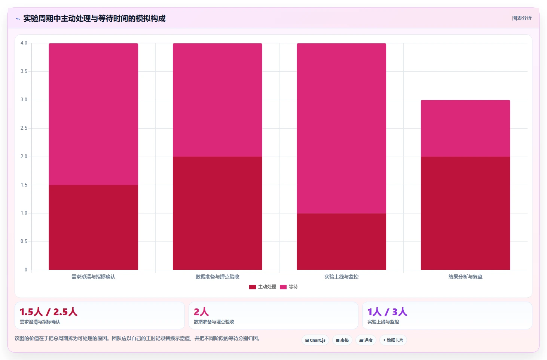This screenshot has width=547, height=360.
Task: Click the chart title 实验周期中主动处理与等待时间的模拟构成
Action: pos(94,19)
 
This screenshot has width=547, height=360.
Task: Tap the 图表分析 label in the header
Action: pos(522,18)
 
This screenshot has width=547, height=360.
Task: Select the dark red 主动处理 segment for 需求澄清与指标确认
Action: pos(93,227)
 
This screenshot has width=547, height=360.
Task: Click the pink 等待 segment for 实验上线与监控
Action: pos(341,128)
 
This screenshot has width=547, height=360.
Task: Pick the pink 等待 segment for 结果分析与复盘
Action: pos(465,128)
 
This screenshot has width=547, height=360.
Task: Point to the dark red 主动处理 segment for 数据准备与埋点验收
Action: pos(217,213)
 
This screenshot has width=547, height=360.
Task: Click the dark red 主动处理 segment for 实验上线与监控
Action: pos(341,241)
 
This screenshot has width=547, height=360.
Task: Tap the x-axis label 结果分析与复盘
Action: pos(465,277)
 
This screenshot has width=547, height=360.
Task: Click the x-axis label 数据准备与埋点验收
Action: pos(217,277)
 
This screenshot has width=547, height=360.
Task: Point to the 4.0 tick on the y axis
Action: pos(24,43)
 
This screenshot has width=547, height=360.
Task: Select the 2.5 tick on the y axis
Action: pos(24,128)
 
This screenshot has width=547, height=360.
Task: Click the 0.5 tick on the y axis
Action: pos(24,241)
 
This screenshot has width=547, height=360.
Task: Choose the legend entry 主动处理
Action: pos(263,287)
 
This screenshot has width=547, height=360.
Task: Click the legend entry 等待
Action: pos(289,287)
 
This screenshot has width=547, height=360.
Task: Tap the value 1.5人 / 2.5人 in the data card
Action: pos(49,312)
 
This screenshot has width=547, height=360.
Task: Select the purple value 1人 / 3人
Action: pos(387,312)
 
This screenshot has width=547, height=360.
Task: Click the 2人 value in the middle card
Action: pos(201,312)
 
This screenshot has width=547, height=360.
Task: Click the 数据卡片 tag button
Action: pos(393,340)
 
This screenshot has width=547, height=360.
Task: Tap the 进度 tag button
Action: pos(366,340)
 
